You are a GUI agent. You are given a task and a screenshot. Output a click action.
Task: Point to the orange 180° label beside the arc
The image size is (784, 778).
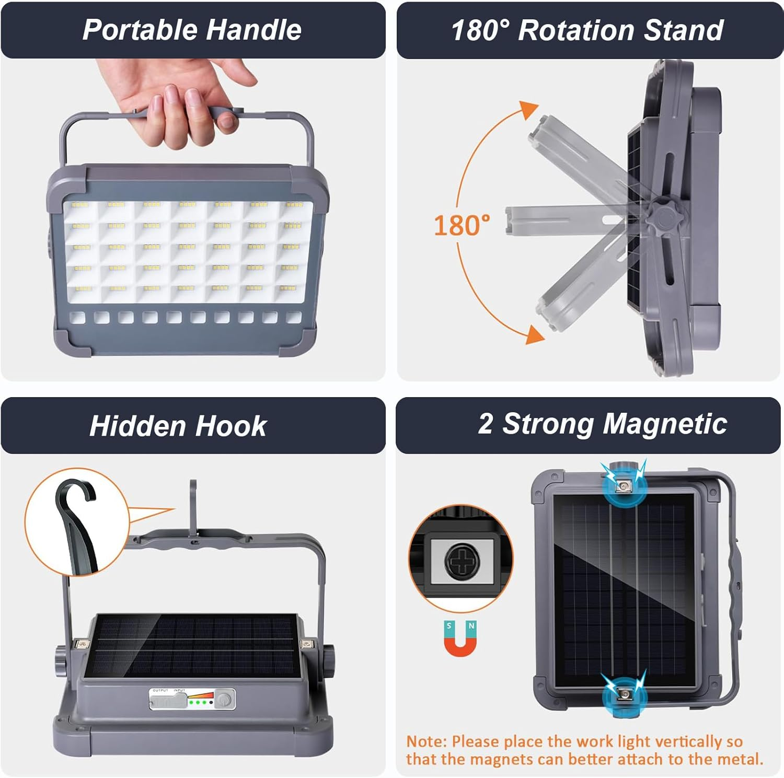tap(462, 226)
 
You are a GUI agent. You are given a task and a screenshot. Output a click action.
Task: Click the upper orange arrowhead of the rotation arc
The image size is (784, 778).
tap(529, 109)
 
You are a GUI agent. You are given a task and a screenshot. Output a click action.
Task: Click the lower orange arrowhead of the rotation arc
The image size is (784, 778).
tap(534, 334)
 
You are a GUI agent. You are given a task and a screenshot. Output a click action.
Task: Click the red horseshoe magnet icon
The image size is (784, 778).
tap(460, 638)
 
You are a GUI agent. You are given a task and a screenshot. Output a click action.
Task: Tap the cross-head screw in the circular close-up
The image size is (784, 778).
tap(462, 561)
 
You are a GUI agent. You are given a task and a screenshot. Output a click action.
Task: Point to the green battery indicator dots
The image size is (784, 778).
tap(200, 703)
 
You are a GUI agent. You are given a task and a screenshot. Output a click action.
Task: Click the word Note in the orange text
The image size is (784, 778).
tap(426, 742)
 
